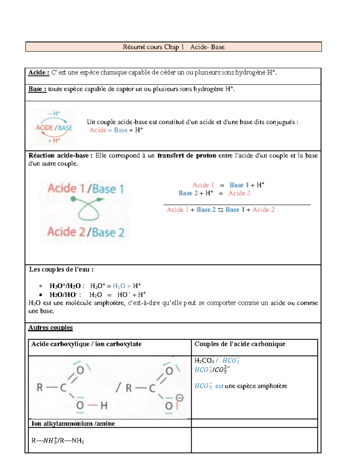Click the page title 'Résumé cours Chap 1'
tap(153, 47)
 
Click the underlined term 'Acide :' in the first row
tap(38, 73)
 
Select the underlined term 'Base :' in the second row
tap(37, 89)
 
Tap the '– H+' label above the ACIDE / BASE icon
tap(54, 113)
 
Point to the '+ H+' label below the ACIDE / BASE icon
tap(54, 140)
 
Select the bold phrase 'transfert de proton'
tap(187, 155)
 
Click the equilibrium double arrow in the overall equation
tap(220, 210)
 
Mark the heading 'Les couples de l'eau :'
tap(61, 269)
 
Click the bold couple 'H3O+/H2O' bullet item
tap(65, 286)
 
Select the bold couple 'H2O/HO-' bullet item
tap(63, 295)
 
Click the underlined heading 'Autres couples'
tap(50, 328)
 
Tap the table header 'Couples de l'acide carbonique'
tap(240, 344)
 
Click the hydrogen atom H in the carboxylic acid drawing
tap(104, 406)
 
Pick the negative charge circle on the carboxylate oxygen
tap(179, 398)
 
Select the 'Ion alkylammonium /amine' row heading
tap(73, 424)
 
